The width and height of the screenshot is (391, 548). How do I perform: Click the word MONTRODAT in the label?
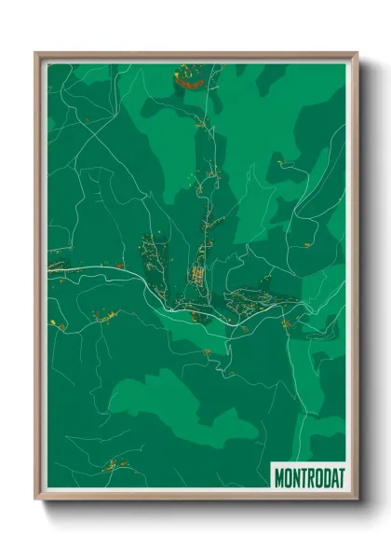tap(309, 477)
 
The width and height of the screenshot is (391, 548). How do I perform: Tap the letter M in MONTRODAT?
tap(279, 477)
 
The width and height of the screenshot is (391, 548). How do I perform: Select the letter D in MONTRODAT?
tap(325, 477)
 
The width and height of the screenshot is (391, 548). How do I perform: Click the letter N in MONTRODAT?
tap(295, 477)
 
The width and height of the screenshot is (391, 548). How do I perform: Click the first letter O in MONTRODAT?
tap(288, 477)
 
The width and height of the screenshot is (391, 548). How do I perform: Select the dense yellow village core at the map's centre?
tap(197, 275)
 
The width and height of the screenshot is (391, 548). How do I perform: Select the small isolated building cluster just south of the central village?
tap(206, 351)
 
